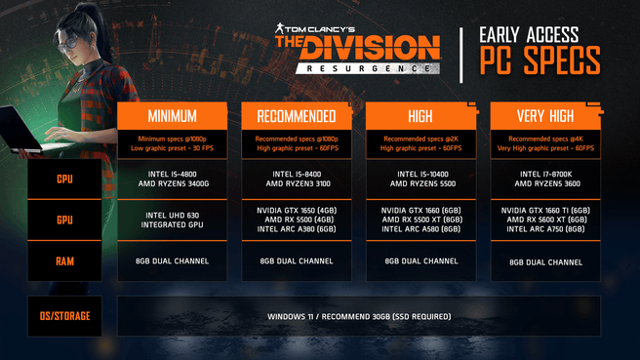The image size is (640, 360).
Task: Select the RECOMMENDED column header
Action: coord(297,116)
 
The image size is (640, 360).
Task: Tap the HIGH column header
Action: coord(420,116)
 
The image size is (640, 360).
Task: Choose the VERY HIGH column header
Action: coord(545,116)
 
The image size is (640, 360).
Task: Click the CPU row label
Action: coord(64,180)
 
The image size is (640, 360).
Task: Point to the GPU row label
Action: coord(64,220)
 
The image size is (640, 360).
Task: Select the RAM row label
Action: coord(64,260)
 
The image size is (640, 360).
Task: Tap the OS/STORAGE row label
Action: coord(64,317)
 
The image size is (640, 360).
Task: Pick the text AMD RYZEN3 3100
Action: coord(297,184)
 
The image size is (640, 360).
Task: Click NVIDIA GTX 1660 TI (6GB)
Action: coord(545,211)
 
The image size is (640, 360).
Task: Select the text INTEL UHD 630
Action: coord(172,216)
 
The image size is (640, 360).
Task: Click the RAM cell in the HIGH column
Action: coord(420,260)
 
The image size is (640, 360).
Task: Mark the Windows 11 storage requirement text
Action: coord(358,317)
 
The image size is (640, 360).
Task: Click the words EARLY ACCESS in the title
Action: coord(529,35)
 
